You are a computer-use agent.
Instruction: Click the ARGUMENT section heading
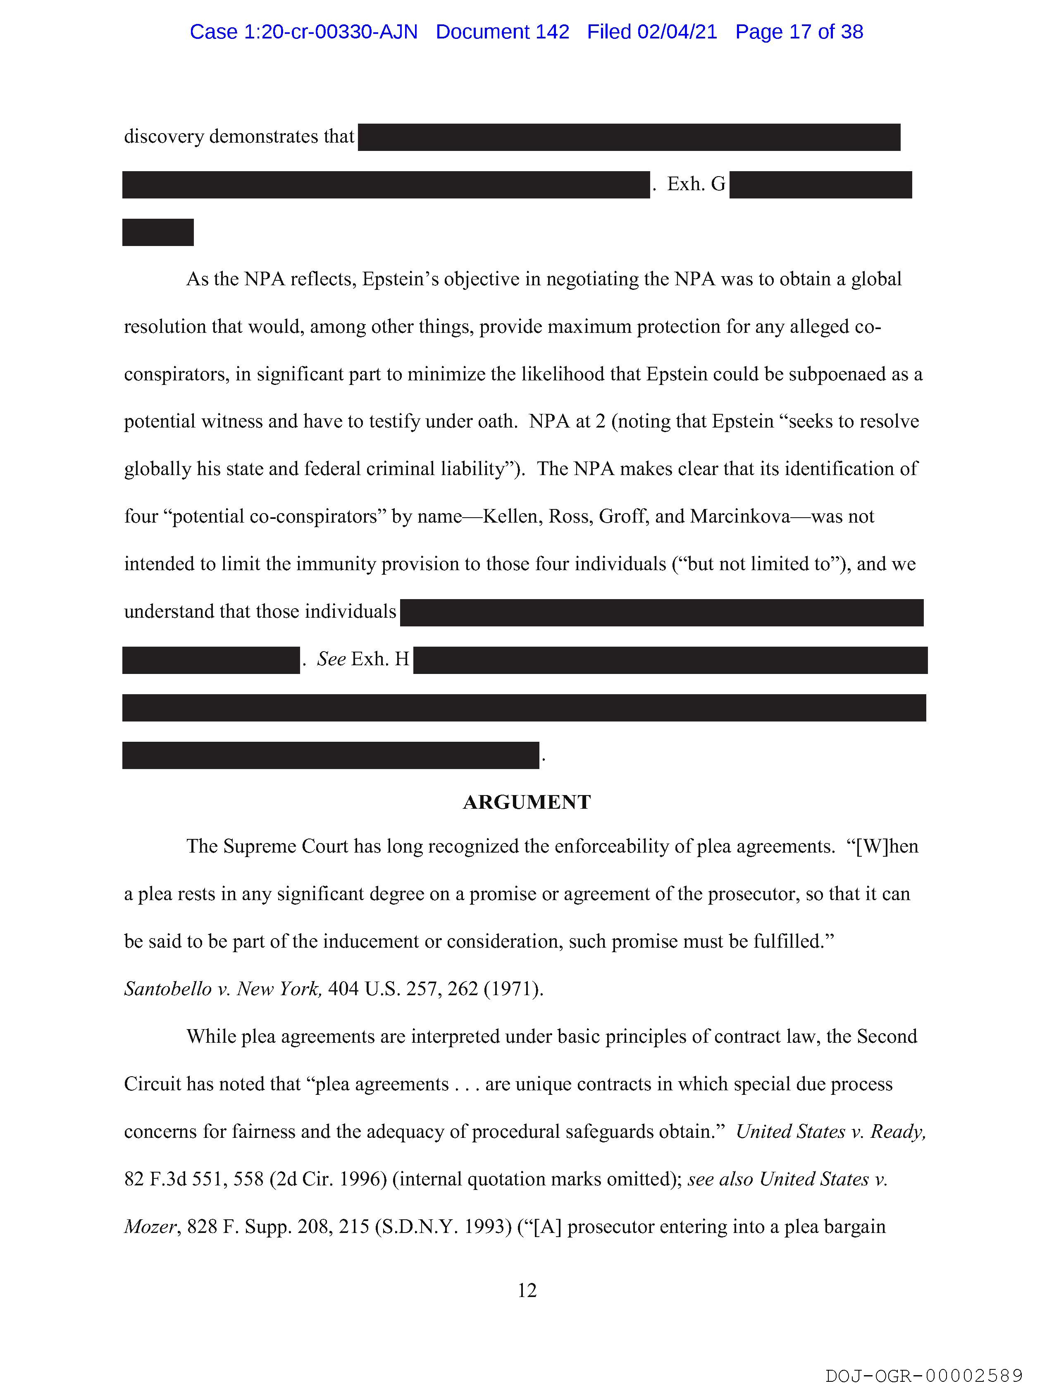click(x=526, y=802)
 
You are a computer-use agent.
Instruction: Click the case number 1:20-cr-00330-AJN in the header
click(x=304, y=31)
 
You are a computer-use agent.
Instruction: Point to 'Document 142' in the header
click(x=503, y=31)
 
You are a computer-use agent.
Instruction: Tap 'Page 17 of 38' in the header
click(x=799, y=31)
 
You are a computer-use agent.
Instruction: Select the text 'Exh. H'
click(x=380, y=659)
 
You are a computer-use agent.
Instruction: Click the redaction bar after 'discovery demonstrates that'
click(x=629, y=137)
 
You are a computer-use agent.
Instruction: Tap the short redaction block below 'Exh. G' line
click(x=157, y=232)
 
